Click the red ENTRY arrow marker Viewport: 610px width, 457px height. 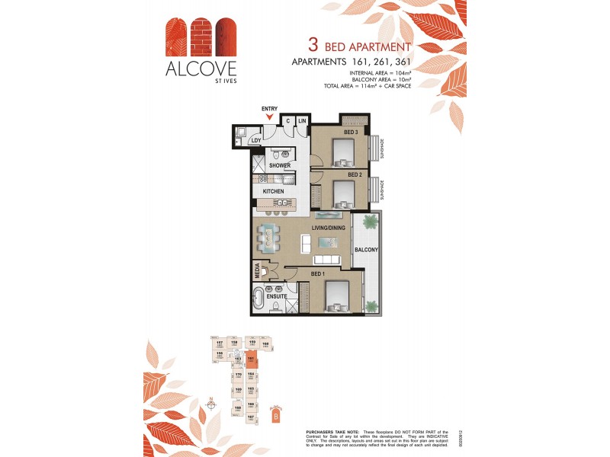pyautogui.click(x=268, y=116)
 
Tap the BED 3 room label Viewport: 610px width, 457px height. pyautogui.click(x=351, y=133)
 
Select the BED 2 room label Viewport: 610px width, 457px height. pyautogui.click(x=355, y=174)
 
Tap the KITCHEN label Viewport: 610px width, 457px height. pyautogui.click(x=274, y=191)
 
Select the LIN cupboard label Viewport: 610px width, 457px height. pyautogui.click(x=302, y=121)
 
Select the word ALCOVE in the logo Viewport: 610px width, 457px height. pyautogui.click(x=191, y=68)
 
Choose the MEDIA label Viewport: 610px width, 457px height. pyautogui.click(x=258, y=270)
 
